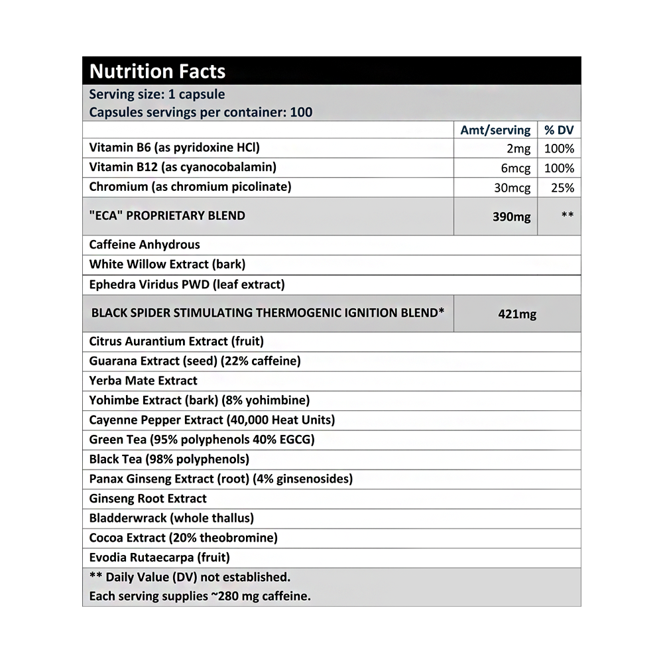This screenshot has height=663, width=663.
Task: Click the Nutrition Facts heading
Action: (x=157, y=72)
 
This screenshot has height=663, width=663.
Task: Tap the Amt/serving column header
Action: (x=495, y=130)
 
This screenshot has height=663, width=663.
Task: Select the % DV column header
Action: (x=559, y=130)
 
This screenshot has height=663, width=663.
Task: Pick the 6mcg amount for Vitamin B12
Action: (x=516, y=168)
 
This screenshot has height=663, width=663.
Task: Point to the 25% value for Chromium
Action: (x=562, y=188)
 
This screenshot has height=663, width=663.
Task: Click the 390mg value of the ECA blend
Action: (x=511, y=217)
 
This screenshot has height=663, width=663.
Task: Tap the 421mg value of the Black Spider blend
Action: (x=517, y=314)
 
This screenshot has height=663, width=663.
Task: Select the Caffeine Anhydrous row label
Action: (x=145, y=245)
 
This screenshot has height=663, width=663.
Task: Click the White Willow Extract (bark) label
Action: (x=167, y=264)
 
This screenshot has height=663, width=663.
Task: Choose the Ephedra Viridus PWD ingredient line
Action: (x=187, y=284)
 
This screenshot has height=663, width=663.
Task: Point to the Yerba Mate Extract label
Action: (x=143, y=381)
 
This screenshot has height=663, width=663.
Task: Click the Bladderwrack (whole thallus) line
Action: (x=172, y=518)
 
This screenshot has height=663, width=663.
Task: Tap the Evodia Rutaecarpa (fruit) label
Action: (x=160, y=558)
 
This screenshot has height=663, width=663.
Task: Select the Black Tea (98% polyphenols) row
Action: (x=169, y=459)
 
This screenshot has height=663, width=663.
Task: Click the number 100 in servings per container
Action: (x=301, y=112)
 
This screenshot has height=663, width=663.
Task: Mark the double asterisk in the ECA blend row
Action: (x=567, y=215)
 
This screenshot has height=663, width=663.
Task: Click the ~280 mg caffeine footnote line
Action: (x=200, y=596)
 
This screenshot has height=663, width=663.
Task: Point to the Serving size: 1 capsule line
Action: (x=157, y=94)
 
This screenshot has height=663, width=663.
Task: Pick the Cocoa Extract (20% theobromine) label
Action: (x=184, y=538)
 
